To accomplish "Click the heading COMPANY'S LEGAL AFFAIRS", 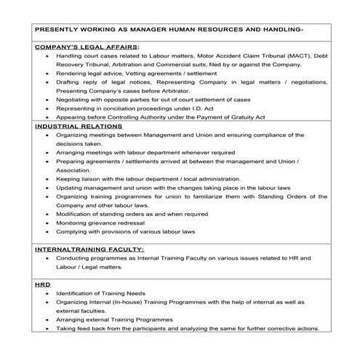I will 87,47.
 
